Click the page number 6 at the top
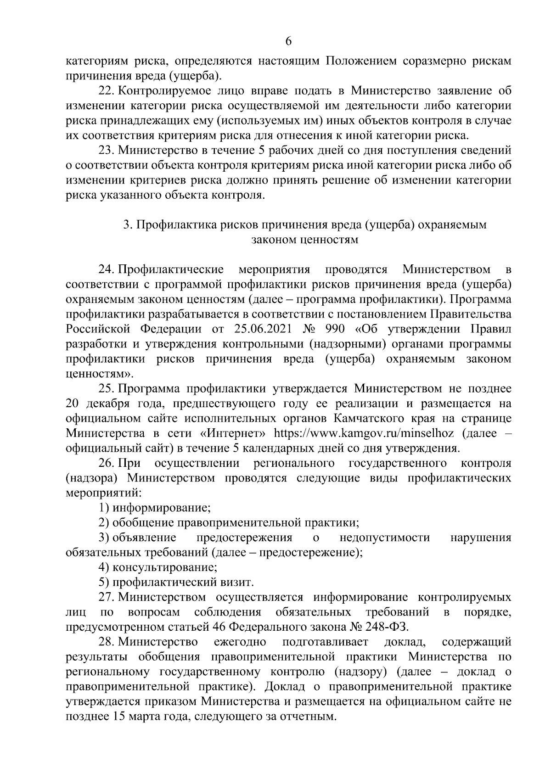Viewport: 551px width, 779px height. (288, 41)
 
